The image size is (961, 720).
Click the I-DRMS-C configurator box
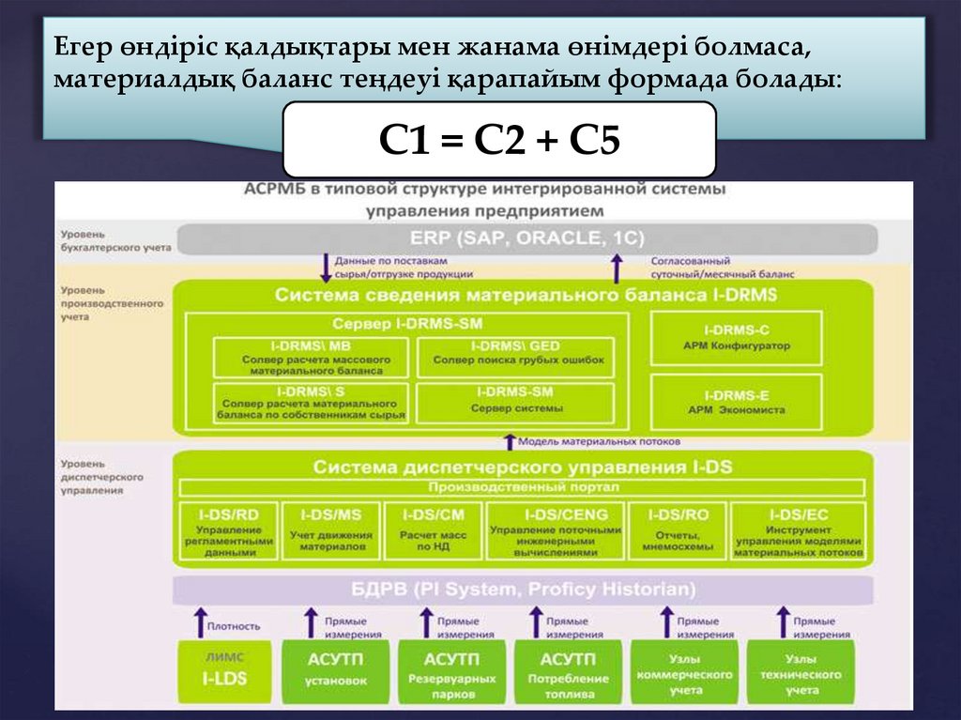[x=737, y=339]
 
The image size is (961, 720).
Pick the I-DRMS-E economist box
[x=737, y=403]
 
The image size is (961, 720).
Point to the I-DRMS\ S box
[x=312, y=404]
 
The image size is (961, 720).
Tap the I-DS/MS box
[x=330, y=532]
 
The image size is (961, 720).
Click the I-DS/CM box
[x=433, y=532]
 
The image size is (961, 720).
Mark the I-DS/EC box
[x=798, y=532]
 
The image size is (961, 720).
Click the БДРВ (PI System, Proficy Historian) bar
[x=524, y=590]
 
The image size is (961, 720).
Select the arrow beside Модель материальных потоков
[x=510, y=440]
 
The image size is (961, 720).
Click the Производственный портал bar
[x=524, y=487]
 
